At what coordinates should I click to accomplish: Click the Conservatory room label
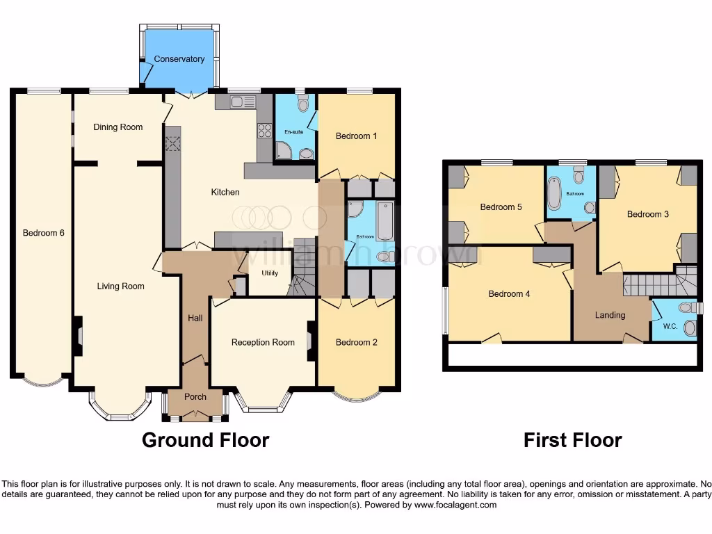179,59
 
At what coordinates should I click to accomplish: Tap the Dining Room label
118,127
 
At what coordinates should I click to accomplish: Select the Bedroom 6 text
44,233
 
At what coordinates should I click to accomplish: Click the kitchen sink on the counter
243,102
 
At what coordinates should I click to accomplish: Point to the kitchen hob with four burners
264,130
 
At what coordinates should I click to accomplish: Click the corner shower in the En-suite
286,150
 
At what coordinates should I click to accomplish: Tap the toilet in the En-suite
302,105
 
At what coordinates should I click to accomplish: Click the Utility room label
270,273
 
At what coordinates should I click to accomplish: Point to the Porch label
195,397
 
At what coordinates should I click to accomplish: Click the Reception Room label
263,342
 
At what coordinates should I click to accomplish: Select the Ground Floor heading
205,440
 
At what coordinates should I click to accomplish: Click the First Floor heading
572,440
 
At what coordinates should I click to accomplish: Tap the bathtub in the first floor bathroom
554,193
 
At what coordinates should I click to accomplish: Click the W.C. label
670,326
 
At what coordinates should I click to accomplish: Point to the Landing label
610,315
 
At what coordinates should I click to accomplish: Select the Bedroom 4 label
509,294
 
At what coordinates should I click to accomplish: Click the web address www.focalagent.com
455,505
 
